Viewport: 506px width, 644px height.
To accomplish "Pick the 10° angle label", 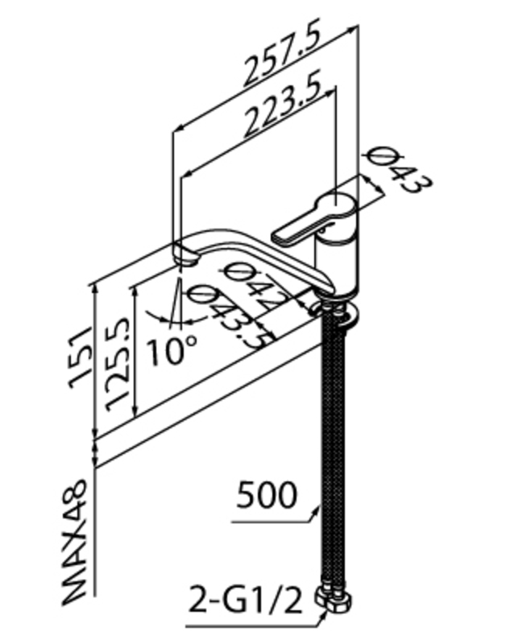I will [x=171, y=351].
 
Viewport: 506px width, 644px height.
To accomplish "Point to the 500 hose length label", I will [x=266, y=496].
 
